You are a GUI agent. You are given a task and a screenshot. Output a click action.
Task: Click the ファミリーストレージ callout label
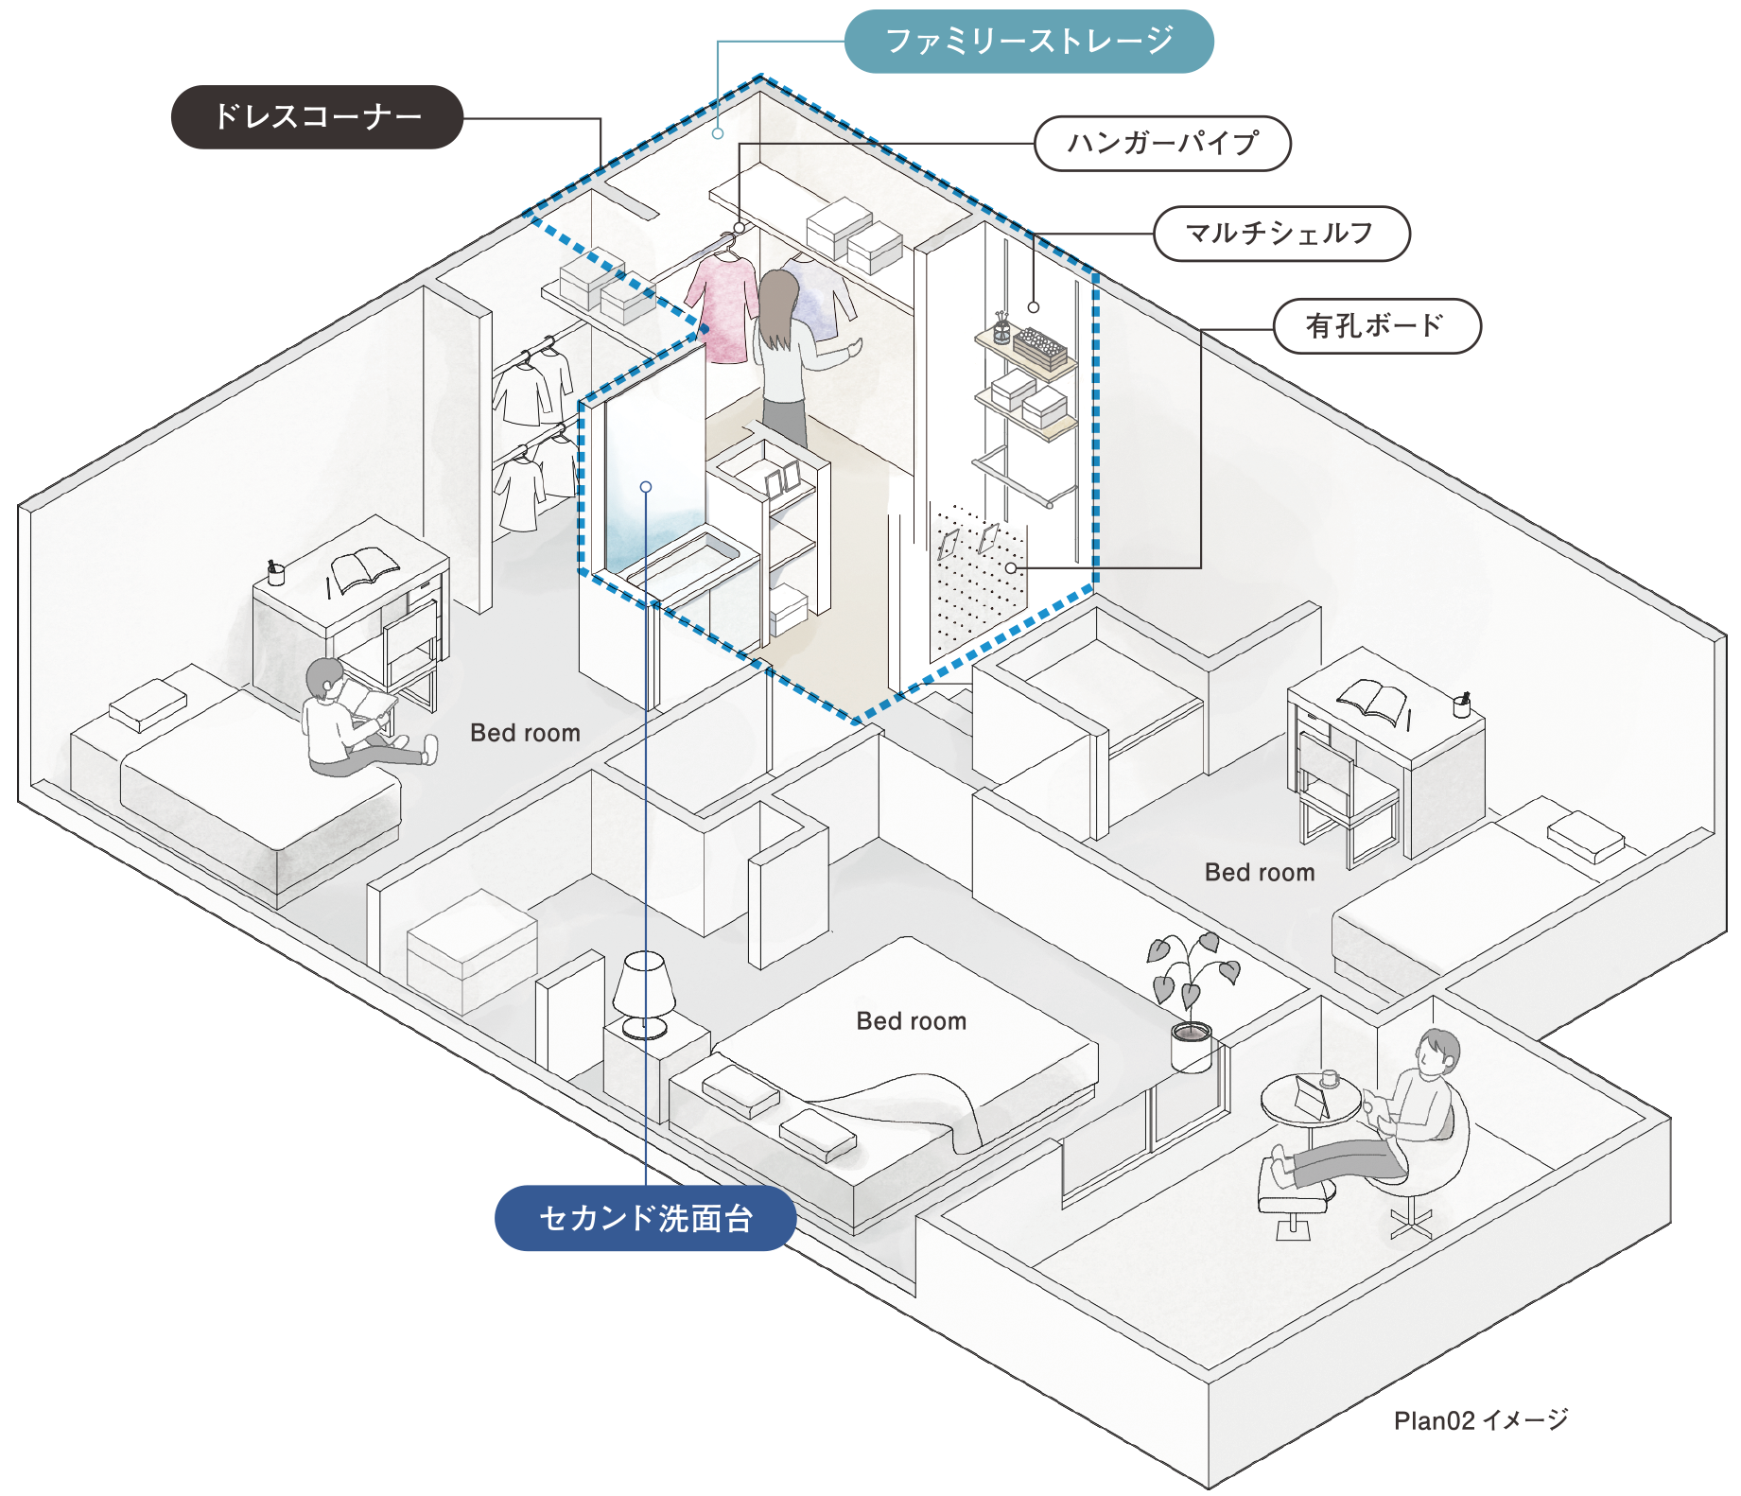tap(1028, 42)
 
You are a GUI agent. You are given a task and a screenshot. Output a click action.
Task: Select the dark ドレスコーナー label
tap(317, 116)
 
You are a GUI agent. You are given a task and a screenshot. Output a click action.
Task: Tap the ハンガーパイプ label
tap(1162, 144)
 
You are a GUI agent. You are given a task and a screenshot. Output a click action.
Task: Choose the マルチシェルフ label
tap(1280, 234)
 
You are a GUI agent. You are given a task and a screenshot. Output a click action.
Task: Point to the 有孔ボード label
tap(1375, 326)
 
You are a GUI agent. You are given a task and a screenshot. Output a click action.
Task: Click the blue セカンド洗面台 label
tap(645, 1218)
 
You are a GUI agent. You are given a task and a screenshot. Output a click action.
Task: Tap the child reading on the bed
tap(350, 719)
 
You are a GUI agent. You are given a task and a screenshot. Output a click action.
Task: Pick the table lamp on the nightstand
tap(644, 993)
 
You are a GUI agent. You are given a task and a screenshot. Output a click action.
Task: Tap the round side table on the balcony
tap(1311, 1102)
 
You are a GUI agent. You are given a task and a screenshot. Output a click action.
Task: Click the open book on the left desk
tap(364, 569)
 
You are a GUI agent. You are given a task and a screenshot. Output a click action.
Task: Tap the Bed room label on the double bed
tap(911, 1021)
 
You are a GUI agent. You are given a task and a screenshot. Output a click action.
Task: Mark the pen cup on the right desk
tap(1461, 705)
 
